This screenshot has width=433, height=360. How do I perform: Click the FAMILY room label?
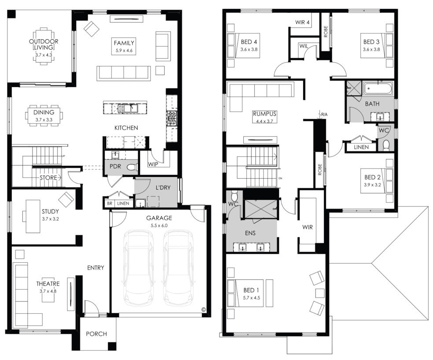124,43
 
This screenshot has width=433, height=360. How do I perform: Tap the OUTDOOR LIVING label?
44,44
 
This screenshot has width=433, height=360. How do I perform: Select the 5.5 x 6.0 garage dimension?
159,225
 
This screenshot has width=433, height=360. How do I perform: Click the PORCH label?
96,334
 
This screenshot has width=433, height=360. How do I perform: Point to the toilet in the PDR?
132,167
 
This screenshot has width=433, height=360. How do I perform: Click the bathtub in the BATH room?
378,89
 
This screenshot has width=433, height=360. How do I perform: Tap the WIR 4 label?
302,22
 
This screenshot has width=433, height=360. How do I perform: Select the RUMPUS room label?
264,114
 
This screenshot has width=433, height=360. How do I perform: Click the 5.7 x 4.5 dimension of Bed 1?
252,298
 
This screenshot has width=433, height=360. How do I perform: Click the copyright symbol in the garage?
204,309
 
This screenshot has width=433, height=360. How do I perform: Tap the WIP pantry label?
153,164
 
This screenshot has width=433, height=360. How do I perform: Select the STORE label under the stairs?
48,178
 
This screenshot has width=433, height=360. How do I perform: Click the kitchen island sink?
128,108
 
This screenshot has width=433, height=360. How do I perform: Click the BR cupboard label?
110,203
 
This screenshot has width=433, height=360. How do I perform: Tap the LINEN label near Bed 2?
361,147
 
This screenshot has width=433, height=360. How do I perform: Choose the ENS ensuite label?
250,233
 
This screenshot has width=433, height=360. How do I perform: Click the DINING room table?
44,115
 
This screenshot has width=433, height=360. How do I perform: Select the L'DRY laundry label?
163,187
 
